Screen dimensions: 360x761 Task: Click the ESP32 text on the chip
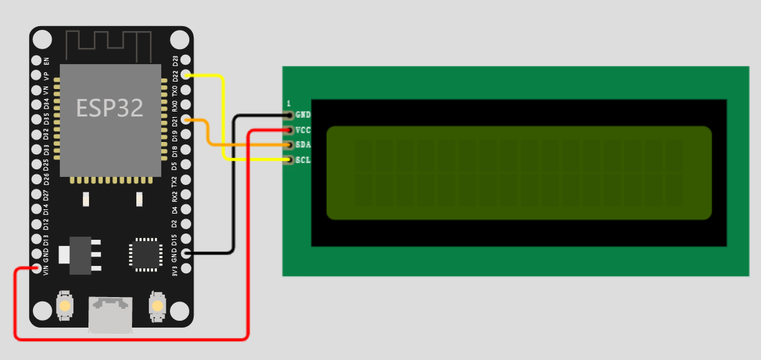click(x=110, y=108)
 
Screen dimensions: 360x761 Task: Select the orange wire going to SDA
click(x=249, y=145)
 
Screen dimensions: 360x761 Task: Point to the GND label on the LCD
click(x=303, y=115)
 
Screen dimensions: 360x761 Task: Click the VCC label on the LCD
click(x=303, y=130)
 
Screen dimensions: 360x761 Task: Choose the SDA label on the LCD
click(x=303, y=145)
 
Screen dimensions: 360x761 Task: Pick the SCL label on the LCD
click(x=303, y=160)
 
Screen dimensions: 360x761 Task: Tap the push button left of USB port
click(x=64, y=305)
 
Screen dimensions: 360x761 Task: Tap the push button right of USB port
click(x=157, y=306)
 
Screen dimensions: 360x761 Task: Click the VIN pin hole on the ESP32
click(x=37, y=269)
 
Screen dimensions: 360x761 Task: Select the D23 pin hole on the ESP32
click(x=185, y=61)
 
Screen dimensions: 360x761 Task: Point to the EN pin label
click(x=46, y=61)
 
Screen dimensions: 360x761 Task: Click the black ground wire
click(x=233, y=187)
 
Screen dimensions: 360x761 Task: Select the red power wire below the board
click(x=131, y=339)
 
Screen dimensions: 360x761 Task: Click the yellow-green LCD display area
click(x=519, y=173)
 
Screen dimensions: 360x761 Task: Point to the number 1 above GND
click(x=288, y=103)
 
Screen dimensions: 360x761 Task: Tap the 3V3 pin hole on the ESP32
click(x=185, y=269)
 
